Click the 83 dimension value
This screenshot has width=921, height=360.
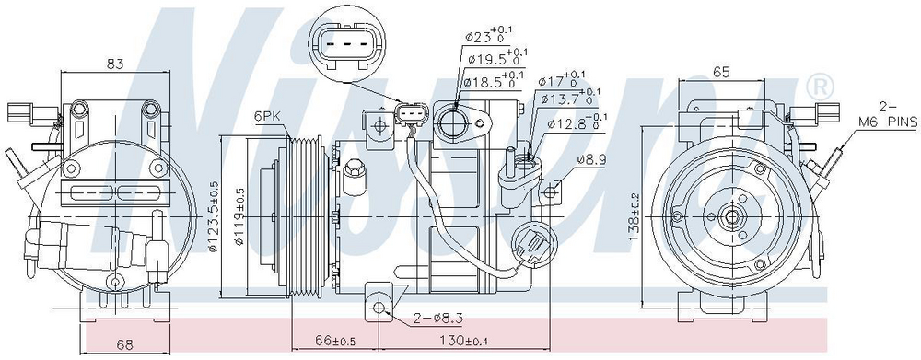coord(115,64)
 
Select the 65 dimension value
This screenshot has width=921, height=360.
coord(721,72)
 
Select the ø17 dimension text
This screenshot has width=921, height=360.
coord(563,80)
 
